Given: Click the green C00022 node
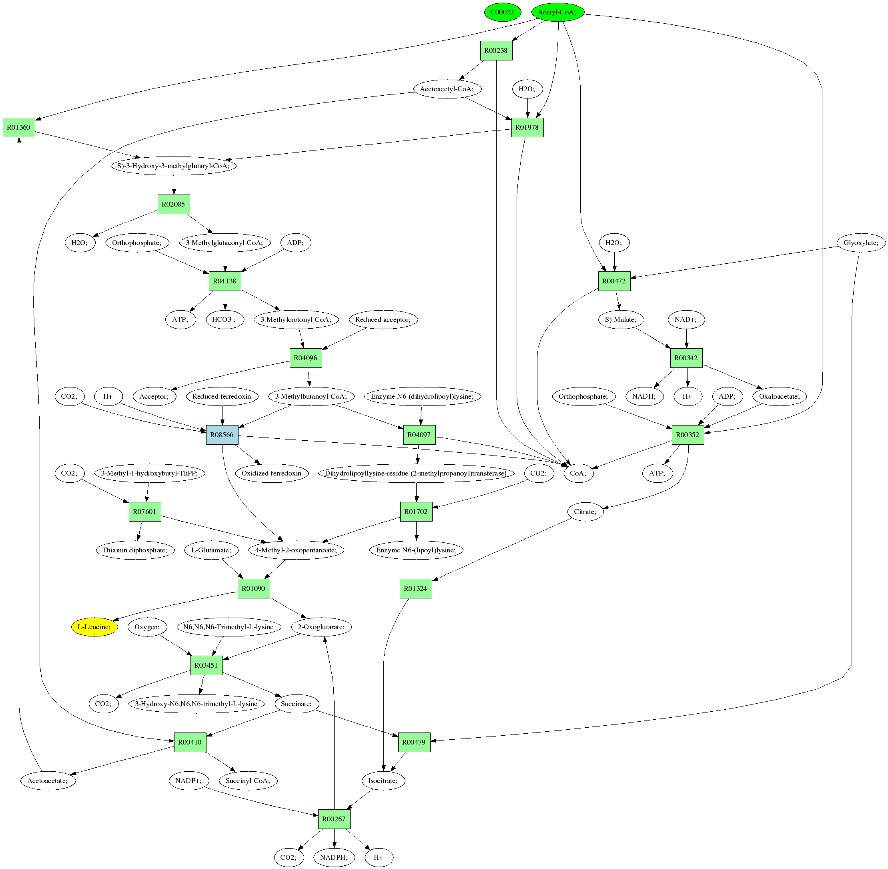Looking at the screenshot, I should tap(502, 12).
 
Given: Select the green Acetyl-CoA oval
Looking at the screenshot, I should tap(557, 12).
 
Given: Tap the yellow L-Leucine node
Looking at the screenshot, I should tap(94, 627).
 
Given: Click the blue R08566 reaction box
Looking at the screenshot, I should tap(222, 435).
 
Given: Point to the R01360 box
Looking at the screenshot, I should tap(19, 127).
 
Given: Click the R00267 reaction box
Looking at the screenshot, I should tap(334, 819).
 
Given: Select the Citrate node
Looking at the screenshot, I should tap(585, 512).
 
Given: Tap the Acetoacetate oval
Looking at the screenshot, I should tap(48, 781).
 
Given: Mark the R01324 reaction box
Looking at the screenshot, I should tap(416, 589).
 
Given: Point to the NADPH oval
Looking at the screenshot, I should tap(334, 857).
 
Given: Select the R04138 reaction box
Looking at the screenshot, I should tap(225, 281).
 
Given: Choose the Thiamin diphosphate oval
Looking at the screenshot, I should tap(135, 550).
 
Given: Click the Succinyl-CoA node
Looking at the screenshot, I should tap(248, 781).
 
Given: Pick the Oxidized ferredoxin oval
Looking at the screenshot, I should tap(271, 473).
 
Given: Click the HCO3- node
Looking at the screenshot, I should tap(225, 319).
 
